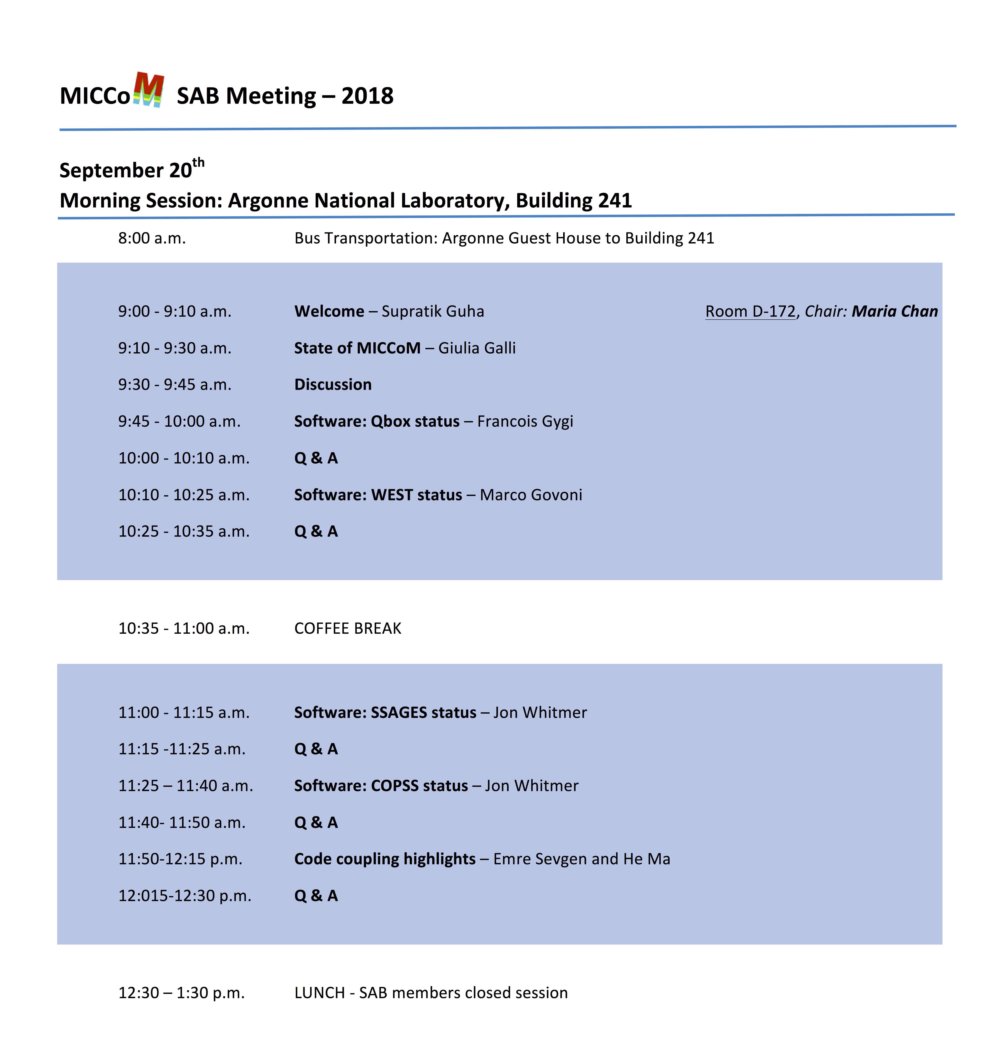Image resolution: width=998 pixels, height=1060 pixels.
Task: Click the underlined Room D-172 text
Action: [x=750, y=311]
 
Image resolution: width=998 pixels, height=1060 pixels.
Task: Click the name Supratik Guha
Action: [x=433, y=311]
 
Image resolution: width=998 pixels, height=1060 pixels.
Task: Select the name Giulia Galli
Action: [x=477, y=348]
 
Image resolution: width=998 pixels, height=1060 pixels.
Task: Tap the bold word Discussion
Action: [x=333, y=384]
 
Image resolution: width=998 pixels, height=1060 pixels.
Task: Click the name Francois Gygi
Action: [x=525, y=421]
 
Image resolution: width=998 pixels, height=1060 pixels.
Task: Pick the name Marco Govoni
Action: [x=531, y=495]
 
